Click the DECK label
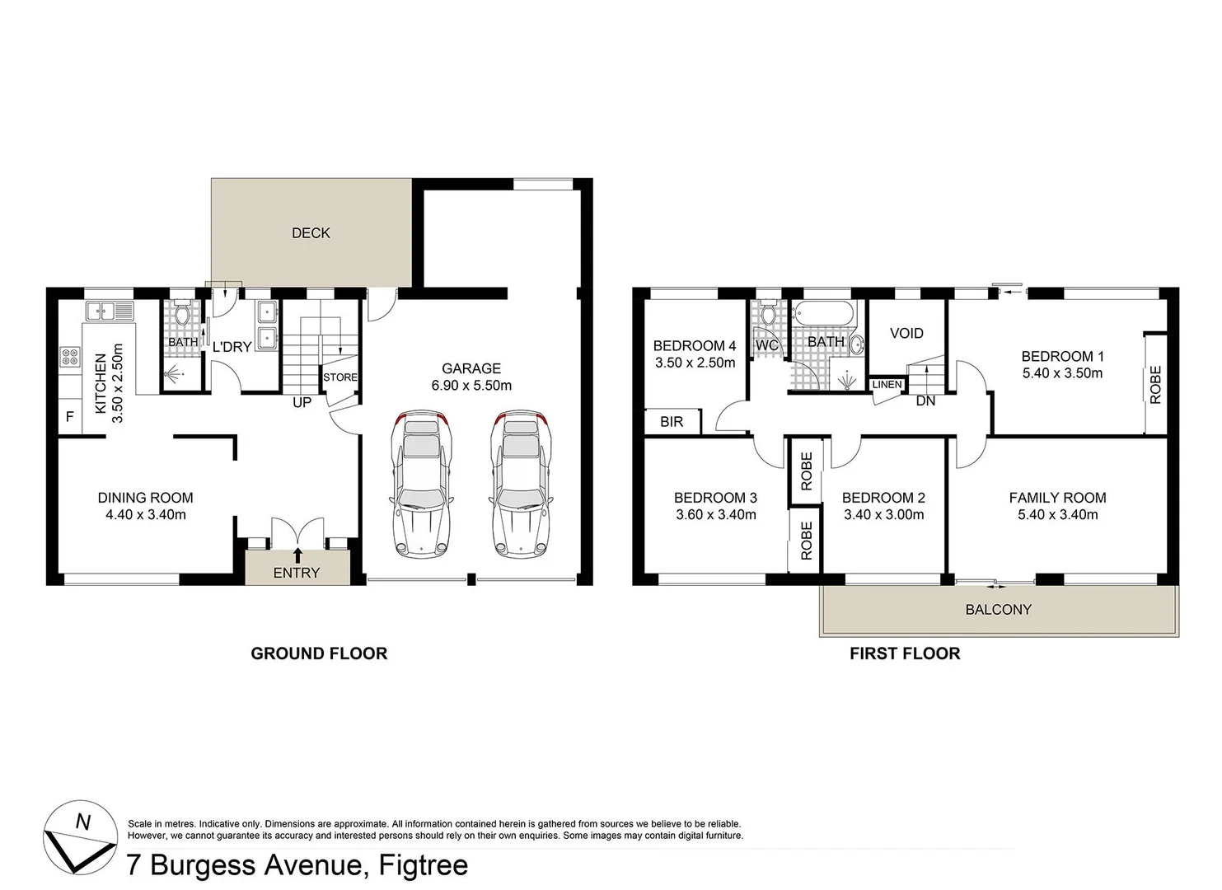(x=311, y=233)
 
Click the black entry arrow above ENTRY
(x=297, y=555)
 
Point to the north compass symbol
(x=80, y=837)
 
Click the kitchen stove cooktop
(x=70, y=357)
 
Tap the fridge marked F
(x=70, y=417)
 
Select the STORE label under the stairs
(x=339, y=377)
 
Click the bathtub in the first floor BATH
(x=825, y=315)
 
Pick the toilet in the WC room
(x=769, y=314)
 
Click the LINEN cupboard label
(x=887, y=385)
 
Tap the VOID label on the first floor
(x=906, y=333)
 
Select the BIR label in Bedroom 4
(x=672, y=422)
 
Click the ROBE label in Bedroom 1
(x=1155, y=384)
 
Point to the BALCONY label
(x=998, y=610)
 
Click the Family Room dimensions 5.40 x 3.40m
(x=1057, y=515)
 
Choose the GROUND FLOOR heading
(x=319, y=653)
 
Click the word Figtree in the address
(x=423, y=865)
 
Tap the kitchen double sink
(x=110, y=311)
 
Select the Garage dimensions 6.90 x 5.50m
(x=471, y=386)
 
